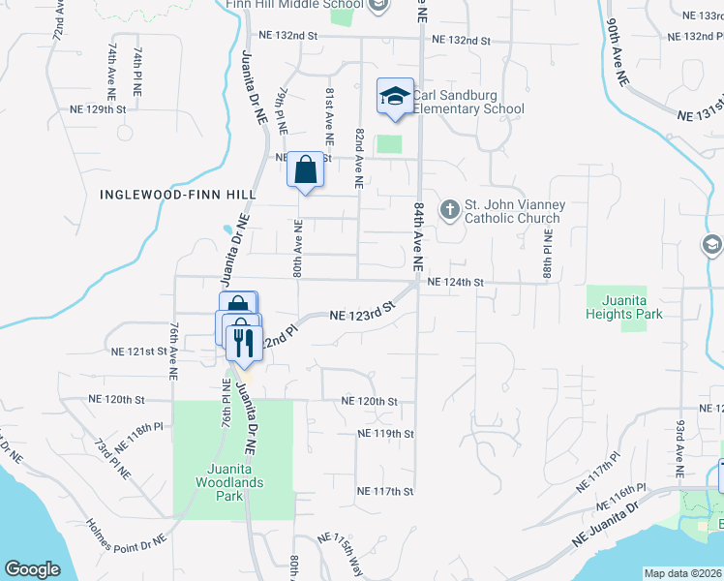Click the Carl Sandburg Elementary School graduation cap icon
click(x=395, y=96)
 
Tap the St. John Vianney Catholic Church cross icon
click(x=449, y=209)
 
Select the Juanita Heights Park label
click(x=624, y=307)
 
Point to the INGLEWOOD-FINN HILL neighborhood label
click(x=178, y=195)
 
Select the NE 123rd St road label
click(x=363, y=312)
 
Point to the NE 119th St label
click(x=385, y=434)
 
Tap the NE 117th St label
click(x=384, y=492)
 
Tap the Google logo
click(x=32, y=569)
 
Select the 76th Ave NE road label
click(x=174, y=340)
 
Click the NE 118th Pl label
click(x=139, y=438)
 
